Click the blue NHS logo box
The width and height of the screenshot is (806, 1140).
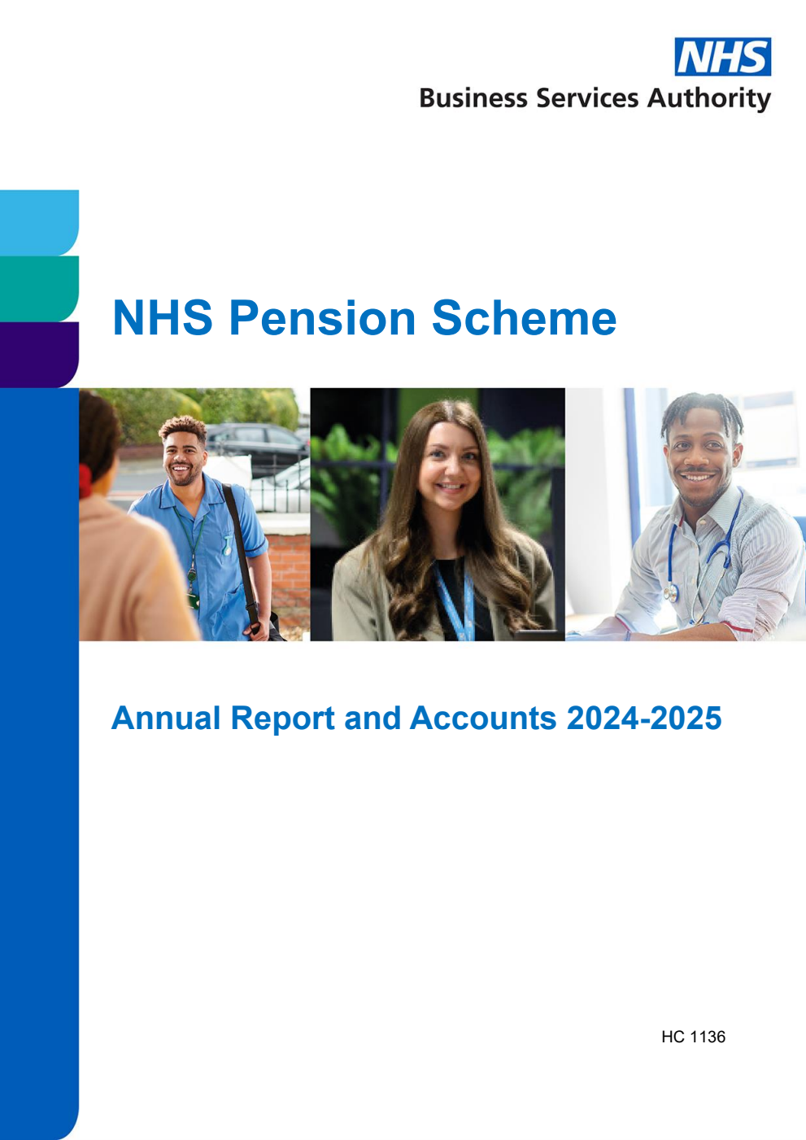(x=722, y=57)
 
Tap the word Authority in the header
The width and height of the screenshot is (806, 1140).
(x=708, y=98)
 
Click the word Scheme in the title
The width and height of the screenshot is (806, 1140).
(x=524, y=317)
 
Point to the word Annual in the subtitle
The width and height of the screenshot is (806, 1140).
(x=166, y=719)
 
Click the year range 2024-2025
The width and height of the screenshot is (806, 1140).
(x=643, y=719)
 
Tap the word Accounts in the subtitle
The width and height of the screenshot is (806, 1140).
(x=483, y=719)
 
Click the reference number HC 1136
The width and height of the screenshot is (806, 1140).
(x=693, y=1037)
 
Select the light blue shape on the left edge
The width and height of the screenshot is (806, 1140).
(x=38, y=222)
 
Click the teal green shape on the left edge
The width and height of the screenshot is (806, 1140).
(x=38, y=288)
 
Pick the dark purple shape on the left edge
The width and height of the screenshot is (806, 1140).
(x=38, y=354)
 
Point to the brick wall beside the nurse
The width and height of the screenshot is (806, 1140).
(x=289, y=570)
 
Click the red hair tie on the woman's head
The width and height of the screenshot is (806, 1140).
(x=84, y=480)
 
